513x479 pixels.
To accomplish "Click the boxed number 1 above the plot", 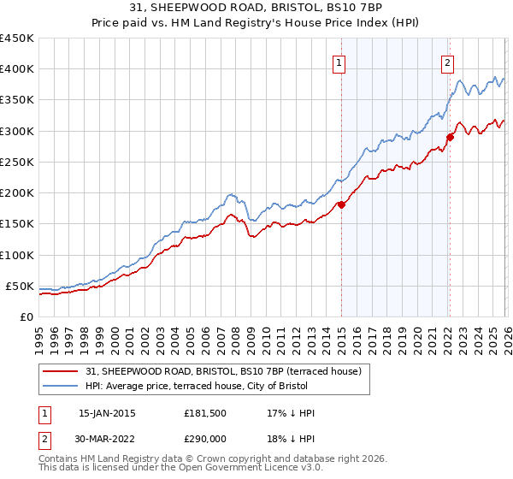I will pos(339,62).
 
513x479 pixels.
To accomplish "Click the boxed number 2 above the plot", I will pos(447,62).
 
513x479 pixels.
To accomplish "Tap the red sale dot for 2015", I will pos(341,204).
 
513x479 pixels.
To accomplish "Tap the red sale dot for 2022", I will pos(450,137).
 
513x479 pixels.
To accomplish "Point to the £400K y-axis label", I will pos(17,69).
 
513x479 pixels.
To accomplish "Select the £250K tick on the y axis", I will pos(17,162).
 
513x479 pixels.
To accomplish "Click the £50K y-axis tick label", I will pos(21,286).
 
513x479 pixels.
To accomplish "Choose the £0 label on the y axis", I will pos(27,316).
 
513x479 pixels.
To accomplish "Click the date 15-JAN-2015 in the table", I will pos(107,413).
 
